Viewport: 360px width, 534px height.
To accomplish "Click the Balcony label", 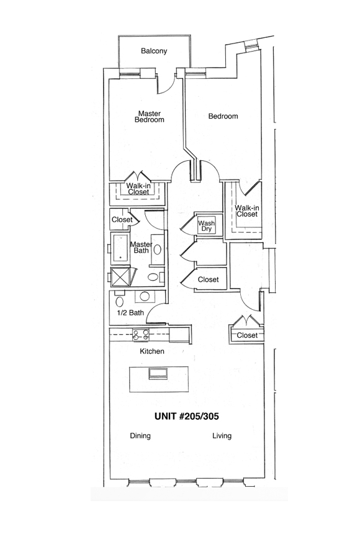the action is pos(154,51).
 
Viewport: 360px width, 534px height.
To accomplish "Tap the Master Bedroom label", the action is pos(150,117).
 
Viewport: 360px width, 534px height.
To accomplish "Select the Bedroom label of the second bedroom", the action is pos(223,116).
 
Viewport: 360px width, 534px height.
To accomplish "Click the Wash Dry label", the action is pos(207,226).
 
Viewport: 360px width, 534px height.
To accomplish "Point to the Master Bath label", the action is pos(142,247).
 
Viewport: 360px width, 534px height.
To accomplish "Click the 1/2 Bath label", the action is pos(130,312).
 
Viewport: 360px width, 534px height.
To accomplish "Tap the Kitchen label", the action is pos(152,351).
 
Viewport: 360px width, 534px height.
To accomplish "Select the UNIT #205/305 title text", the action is pos(187,416).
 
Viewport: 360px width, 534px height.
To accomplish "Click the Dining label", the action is pos(140,435).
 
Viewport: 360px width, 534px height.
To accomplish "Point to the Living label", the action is pos(222,435).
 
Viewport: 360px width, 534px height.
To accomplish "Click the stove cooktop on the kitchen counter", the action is pos(141,335).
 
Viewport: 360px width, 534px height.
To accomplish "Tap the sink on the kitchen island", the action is pos(158,373).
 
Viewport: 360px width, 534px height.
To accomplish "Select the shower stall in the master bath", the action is pos(120,276).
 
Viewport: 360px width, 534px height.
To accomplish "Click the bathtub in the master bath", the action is pos(120,248).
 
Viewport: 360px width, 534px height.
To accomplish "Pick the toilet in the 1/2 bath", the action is pos(120,301).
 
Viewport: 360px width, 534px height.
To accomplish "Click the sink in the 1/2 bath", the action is pos(145,296).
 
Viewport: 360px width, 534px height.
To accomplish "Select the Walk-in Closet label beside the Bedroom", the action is pos(247,211).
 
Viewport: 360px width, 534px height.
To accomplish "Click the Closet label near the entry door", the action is pos(247,335).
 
